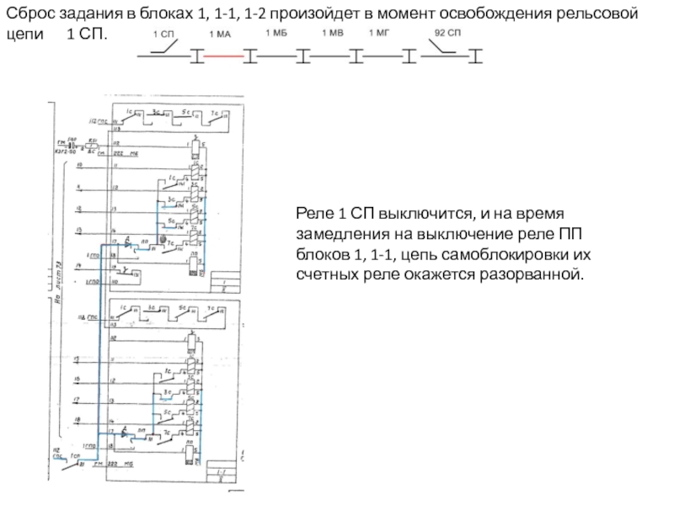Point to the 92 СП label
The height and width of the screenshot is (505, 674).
447,35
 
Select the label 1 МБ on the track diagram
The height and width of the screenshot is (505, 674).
276,34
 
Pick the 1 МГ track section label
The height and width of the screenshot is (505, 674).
380,34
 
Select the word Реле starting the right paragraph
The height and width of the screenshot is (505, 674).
313,214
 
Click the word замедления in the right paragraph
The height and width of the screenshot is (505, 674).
337,234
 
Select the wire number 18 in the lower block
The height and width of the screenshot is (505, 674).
77,419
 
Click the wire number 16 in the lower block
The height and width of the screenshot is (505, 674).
77,379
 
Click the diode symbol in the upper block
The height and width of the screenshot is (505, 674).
127,243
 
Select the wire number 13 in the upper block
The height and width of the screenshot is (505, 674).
78,229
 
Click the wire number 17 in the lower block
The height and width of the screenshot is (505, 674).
77,400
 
